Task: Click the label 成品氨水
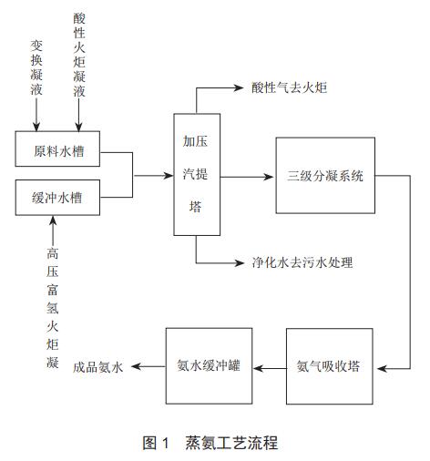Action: click(x=98, y=367)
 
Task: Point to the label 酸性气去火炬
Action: click(x=290, y=88)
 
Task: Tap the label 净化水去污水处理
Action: click(x=302, y=262)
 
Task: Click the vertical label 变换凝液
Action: click(x=36, y=67)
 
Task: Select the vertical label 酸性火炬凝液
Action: click(x=79, y=55)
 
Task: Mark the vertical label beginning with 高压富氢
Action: click(x=53, y=308)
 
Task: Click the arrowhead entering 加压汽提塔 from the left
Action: click(x=169, y=175)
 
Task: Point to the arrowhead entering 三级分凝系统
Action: click(x=269, y=177)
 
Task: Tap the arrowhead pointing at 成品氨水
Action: click(x=136, y=366)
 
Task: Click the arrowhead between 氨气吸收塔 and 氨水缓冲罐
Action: click(x=258, y=368)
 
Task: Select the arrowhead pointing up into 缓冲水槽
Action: click(x=54, y=220)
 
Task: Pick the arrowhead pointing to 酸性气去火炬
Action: click(x=239, y=88)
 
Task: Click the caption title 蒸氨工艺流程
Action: click(x=231, y=443)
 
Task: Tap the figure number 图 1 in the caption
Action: click(x=156, y=443)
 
